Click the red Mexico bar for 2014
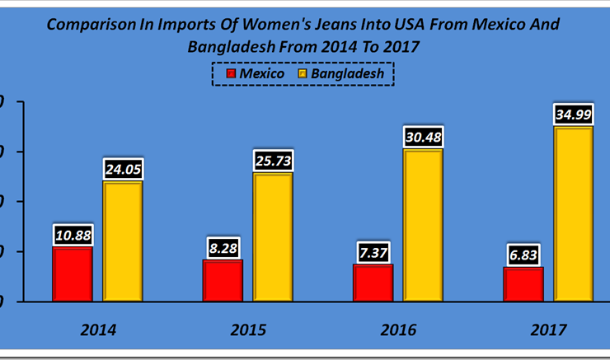click(x=73, y=274)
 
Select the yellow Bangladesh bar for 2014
click(x=123, y=241)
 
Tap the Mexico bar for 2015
click(x=223, y=280)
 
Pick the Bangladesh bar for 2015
click(x=273, y=236)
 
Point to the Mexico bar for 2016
click(x=373, y=283)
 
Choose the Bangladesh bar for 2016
click(x=423, y=225)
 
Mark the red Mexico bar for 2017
click(x=523, y=283)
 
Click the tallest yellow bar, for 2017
click(x=573, y=213)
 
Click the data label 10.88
click(x=73, y=235)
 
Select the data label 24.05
click(x=123, y=169)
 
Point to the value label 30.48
click(x=423, y=137)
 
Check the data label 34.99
click(x=573, y=114)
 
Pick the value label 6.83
click(x=523, y=255)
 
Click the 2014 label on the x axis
click(x=98, y=330)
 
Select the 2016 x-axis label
click(x=398, y=330)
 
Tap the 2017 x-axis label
click(x=548, y=330)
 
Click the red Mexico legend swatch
click(x=232, y=74)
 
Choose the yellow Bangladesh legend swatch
click(x=302, y=74)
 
